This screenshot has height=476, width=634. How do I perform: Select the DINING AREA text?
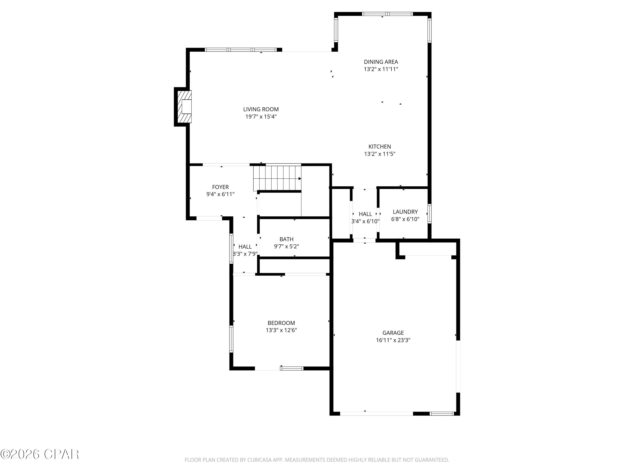point(381,62)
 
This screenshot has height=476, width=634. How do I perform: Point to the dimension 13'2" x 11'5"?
point(380,154)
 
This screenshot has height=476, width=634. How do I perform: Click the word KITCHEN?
point(380,146)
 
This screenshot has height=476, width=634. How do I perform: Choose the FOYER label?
point(220,187)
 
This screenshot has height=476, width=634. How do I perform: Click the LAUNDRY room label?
point(405,212)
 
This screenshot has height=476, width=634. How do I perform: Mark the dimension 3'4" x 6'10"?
point(365,221)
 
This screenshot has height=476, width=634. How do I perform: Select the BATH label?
point(286,239)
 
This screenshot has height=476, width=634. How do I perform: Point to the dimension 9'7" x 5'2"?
point(286,246)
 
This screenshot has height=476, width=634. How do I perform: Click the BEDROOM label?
point(281,323)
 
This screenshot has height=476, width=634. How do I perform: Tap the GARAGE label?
point(393,333)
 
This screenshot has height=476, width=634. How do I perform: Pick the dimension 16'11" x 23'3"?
point(393,340)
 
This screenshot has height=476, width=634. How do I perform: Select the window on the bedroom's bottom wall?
point(291,368)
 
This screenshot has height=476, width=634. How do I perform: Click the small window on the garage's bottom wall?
point(442,413)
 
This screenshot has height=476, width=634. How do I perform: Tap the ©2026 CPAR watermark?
point(40,454)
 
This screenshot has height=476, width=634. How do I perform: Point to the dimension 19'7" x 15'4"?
point(261,117)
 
